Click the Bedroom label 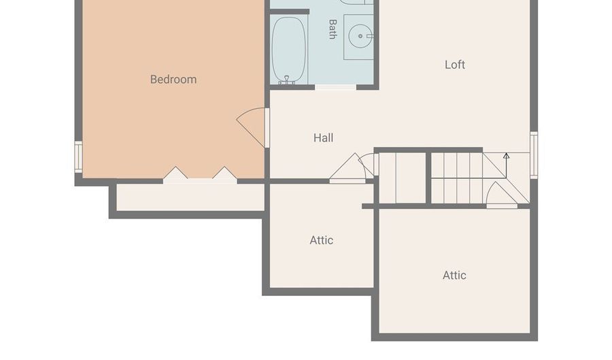pyautogui.click(x=173, y=79)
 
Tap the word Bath pyautogui.click(x=333, y=29)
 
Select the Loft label pyautogui.click(x=455, y=65)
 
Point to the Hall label pyautogui.click(x=323, y=137)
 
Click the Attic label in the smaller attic pyautogui.click(x=321, y=240)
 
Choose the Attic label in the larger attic pyautogui.click(x=454, y=275)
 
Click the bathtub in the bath pyautogui.click(x=288, y=50)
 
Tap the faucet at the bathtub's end pyautogui.click(x=287, y=80)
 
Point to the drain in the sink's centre pyautogui.click(x=360, y=36)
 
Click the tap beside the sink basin pyautogui.click(x=370, y=36)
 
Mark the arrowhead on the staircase pyautogui.click(x=506, y=155)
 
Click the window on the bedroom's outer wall pyautogui.click(x=78, y=157)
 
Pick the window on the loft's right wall pyautogui.click(x=534, y=155)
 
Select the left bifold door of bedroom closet pyautogui.click(x=175, y=175)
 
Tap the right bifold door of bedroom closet pyautogui.click(x=224, y=175)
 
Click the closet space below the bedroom pyautogui.click(x=190, y=197)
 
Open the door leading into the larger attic pyautogui.click(x=502, y=195)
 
